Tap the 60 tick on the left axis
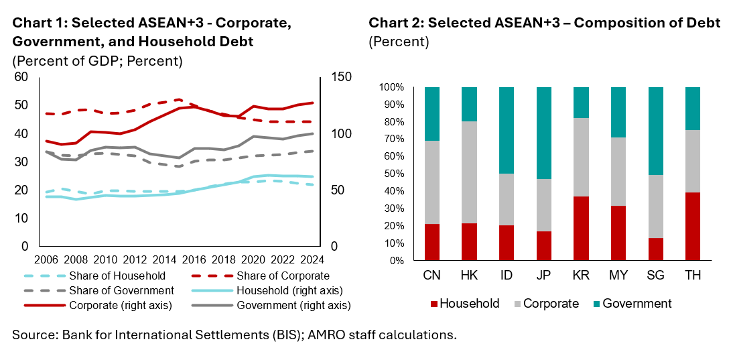(x=21, y=77)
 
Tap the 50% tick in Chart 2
(x=392, y=174)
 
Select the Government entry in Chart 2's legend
(x=636, y=304)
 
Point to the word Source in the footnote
(x=32, y=335)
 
